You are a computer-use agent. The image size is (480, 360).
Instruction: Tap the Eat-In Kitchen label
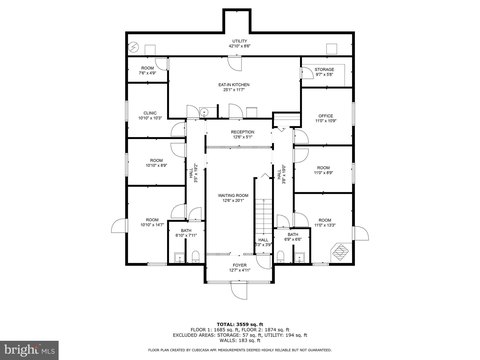233,86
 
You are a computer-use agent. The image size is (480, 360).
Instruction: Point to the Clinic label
150,115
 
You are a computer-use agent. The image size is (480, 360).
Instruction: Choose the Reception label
243,133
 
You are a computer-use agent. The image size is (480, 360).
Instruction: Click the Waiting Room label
233,198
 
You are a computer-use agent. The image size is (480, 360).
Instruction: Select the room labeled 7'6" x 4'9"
147,70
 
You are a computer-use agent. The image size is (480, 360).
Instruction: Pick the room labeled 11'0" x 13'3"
324,222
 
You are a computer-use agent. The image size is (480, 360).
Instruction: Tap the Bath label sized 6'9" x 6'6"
292,238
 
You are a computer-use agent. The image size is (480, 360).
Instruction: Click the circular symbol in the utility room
132,47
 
